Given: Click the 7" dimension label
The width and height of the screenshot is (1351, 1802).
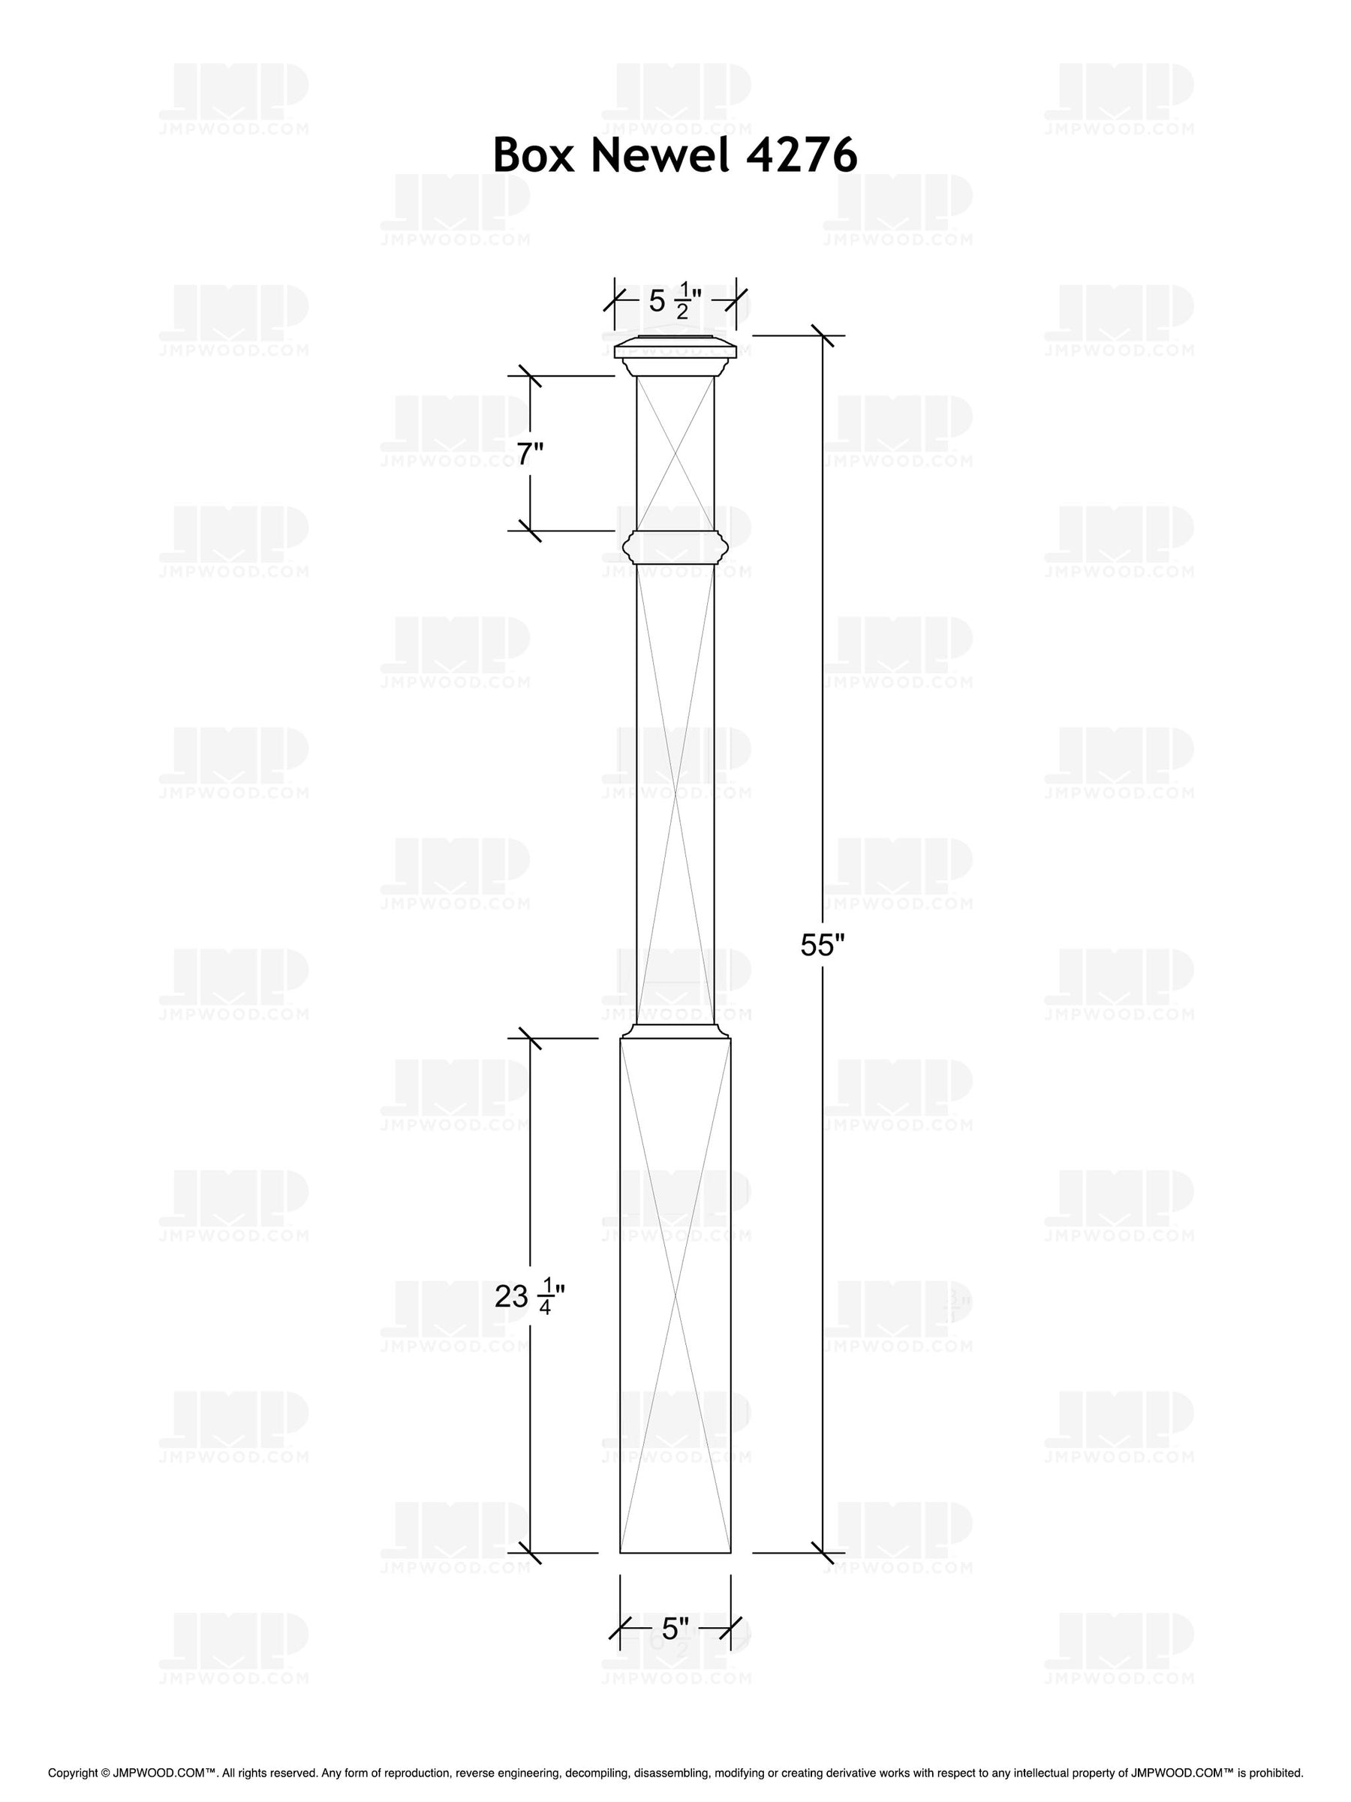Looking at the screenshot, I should coord(530,453).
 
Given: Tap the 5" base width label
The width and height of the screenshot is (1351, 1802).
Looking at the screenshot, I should coord(675,1629).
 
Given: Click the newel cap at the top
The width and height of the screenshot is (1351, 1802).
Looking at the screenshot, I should coord(675,350).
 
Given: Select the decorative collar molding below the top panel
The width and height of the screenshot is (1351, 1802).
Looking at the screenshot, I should coord(675,546).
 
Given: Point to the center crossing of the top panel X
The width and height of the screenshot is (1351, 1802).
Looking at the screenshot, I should coord(675,453).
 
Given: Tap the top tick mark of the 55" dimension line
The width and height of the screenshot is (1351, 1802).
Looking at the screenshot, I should coord(822,335).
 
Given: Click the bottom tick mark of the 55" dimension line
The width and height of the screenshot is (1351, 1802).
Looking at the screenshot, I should coord(822,1553).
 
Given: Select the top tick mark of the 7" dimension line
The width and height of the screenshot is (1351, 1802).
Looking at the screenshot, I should coord(531,375).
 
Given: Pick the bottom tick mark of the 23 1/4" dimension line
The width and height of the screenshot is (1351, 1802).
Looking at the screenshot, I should coord(531,1553).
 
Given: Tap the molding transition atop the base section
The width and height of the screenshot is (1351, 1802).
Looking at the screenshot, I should coord(675,1030).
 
